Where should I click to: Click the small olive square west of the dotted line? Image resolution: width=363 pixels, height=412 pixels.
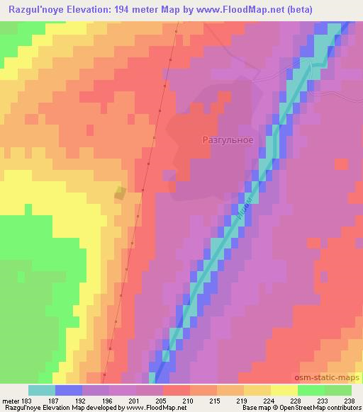(121, 193)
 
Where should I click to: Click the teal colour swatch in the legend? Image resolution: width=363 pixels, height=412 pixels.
(42, 390)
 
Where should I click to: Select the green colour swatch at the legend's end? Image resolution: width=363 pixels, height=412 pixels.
(337, 390)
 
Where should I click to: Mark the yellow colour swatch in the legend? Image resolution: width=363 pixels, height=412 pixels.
(284, 390)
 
